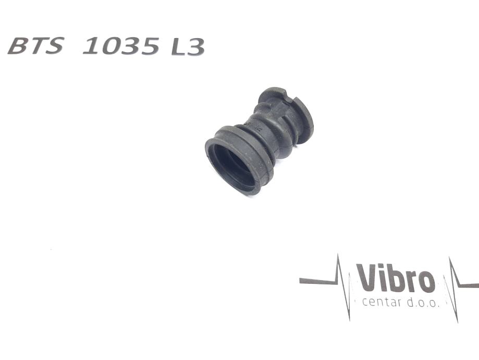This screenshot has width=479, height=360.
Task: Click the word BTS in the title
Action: click(x=36, y=46)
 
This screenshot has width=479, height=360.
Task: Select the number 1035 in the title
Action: click(x=121, y=46)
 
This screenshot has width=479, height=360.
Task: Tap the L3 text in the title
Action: click(x=188, y=47)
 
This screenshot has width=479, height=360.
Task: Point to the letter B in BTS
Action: click(x=18, y=46)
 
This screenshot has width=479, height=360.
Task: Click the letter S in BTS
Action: click(x=55, y=46)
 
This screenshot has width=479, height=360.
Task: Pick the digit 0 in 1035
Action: click(x=111, y=46)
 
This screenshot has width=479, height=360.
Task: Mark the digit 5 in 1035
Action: click(x=150, y=46)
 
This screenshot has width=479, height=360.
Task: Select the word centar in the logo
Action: click(x=382, y=303)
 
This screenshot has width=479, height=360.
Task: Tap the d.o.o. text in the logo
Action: click(x=423, y=303)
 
